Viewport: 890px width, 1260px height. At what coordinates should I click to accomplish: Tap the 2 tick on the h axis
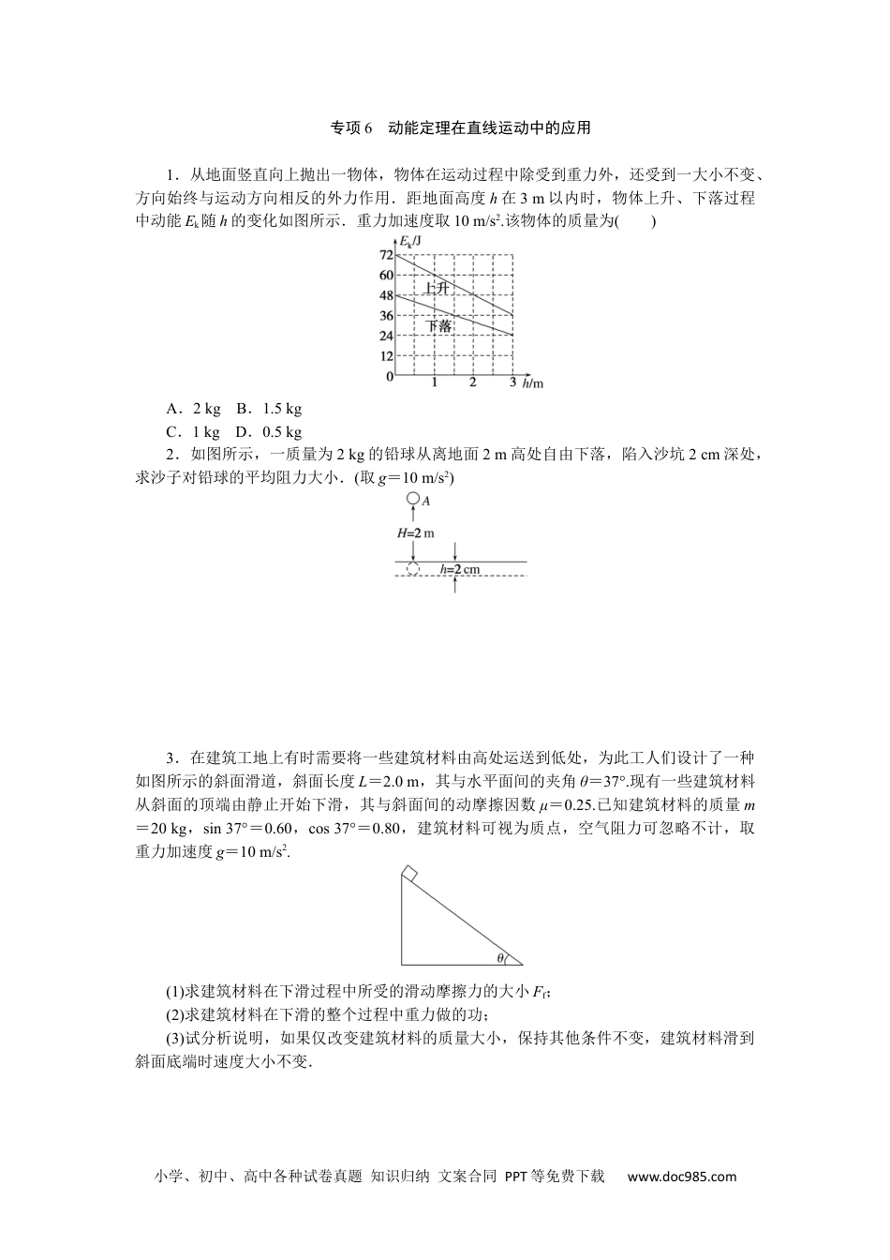[x=472, y=383]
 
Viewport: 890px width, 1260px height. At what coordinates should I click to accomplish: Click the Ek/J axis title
[x=410, y=242]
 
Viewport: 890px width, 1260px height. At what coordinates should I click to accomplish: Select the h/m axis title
[x=533, y=383]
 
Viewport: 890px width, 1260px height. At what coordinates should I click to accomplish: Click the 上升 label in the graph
[x=436, y=288]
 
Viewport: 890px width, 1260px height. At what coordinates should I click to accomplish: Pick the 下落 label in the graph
[x=438, y=326]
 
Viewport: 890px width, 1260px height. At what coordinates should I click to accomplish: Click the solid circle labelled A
[x=411, y=500]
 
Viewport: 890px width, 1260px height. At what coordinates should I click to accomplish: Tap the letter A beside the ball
[x=425, y=502]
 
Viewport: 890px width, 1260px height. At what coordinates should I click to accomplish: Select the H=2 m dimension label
[x=416, y=532]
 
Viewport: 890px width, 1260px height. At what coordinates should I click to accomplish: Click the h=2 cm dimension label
[x=460, y=569]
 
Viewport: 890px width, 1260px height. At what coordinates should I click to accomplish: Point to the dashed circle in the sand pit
[x=411, y=569]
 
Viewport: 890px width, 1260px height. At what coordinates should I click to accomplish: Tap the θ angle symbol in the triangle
[x=500, y=957]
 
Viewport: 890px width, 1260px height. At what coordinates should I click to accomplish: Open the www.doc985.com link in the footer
[x=682, y=1177]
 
